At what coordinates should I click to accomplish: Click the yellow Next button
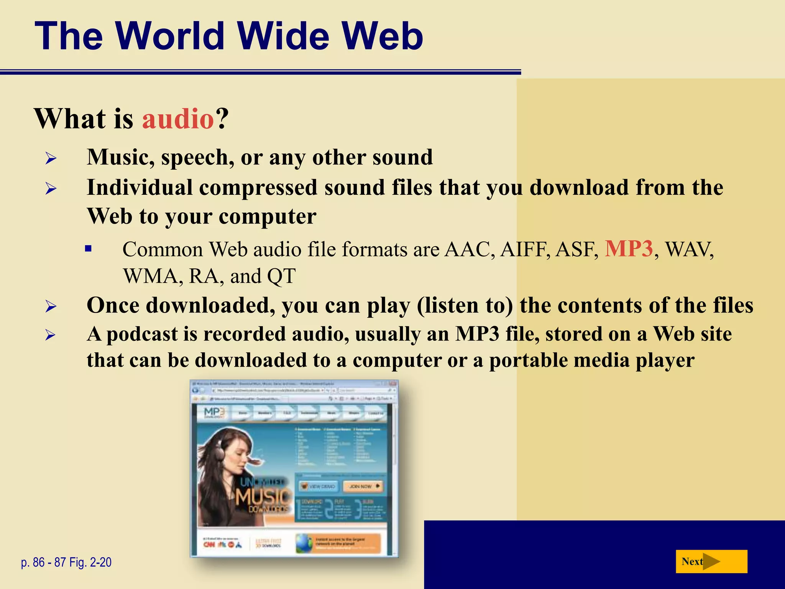click(711, 561)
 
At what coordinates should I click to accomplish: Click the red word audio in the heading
click(178, 118)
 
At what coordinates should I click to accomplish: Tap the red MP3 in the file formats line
click(629, 248)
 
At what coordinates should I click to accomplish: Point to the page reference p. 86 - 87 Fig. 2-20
click(66, 562)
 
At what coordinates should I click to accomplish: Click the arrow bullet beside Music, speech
click(51, 158)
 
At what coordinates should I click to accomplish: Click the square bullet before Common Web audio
click(89, 249)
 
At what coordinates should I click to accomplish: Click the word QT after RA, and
click(281, 276)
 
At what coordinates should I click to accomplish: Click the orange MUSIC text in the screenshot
click(263, 497)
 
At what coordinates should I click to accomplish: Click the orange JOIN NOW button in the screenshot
click(363, 486)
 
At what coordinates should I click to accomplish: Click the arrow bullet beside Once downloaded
click(51, 306)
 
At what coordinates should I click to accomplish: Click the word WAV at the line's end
click(688, 250)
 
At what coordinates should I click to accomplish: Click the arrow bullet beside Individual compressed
click(51, 188)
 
